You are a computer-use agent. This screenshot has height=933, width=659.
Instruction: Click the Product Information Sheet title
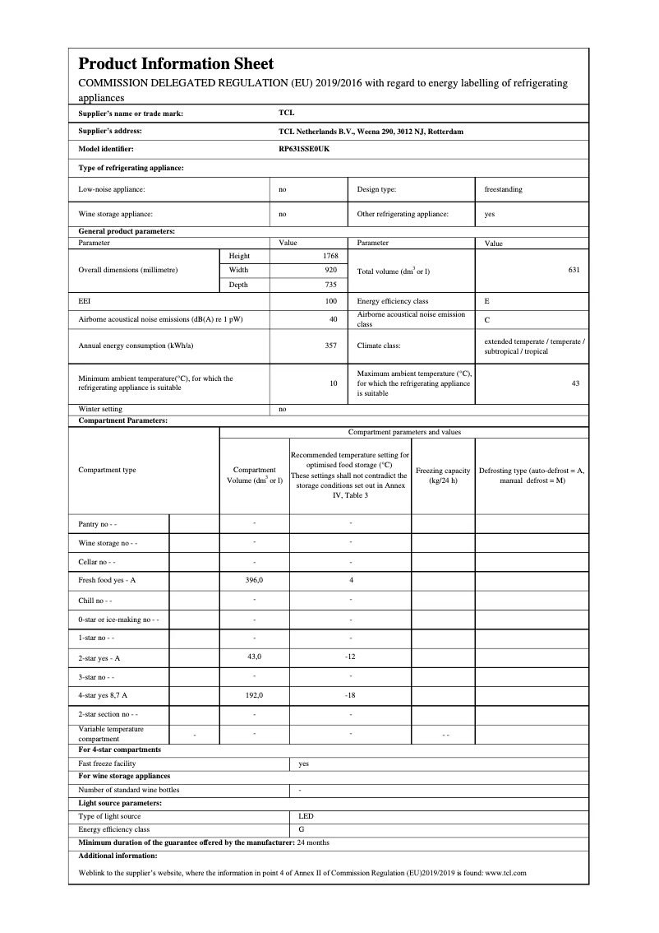click(x=176, y=63)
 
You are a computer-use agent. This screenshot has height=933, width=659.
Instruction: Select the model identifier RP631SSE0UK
click(x=304, y=149)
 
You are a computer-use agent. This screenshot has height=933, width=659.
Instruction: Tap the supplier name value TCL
click(x=286, y=114)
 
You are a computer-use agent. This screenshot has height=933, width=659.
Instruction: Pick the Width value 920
click(x=332, y=270)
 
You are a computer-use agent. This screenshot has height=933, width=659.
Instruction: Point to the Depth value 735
click(x=332, y=285)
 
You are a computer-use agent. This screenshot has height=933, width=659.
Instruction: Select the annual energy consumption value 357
click(x=331, y=346)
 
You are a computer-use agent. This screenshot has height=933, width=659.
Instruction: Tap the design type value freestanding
click(x=503, y=189)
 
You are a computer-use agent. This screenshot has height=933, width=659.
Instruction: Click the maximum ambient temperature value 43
click(x=575, y=383)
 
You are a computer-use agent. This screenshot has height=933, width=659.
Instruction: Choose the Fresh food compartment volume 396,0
click(x=254, y=580)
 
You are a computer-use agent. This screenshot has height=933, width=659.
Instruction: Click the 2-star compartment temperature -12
click(x=350, y=657)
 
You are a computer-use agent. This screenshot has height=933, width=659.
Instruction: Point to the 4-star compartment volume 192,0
click(x=254, y=695)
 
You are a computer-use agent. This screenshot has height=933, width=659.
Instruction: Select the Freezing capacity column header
click(x=443, y=476)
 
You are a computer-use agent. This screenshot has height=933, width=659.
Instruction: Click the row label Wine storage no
click(x=108, y=543)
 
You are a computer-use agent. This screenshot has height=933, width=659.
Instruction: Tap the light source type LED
click(x=306, y=816)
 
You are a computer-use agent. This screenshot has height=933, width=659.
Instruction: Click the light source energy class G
click(x=302, y=829)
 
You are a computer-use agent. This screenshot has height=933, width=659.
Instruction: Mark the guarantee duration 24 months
click(x=313, y=842)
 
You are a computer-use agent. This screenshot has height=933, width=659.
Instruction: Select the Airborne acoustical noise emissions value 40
click(x=333, y=318)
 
